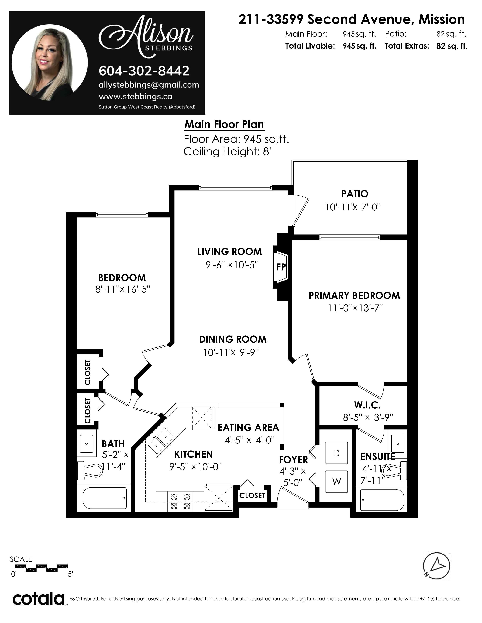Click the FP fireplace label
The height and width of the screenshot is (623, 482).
coord(281,267)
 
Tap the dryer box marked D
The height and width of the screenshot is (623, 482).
coord(337,453)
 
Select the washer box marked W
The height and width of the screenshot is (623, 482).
coord(337,482)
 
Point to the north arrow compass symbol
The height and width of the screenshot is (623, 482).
coord(436,566)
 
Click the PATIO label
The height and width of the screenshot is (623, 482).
coord(355,194)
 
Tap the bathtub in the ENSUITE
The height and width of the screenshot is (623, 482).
coord(382,500)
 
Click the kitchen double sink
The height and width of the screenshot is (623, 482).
coord(161,441)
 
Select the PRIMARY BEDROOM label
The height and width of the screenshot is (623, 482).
coord(354,295)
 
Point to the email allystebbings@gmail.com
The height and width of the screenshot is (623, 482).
coord(149,85)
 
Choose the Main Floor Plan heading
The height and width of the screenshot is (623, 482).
coord(224,125)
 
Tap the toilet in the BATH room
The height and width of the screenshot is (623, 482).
coord(90,469)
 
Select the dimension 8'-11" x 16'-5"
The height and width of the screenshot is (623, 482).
coord(122,290)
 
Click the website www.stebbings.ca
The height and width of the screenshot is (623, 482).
coord(135,97)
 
